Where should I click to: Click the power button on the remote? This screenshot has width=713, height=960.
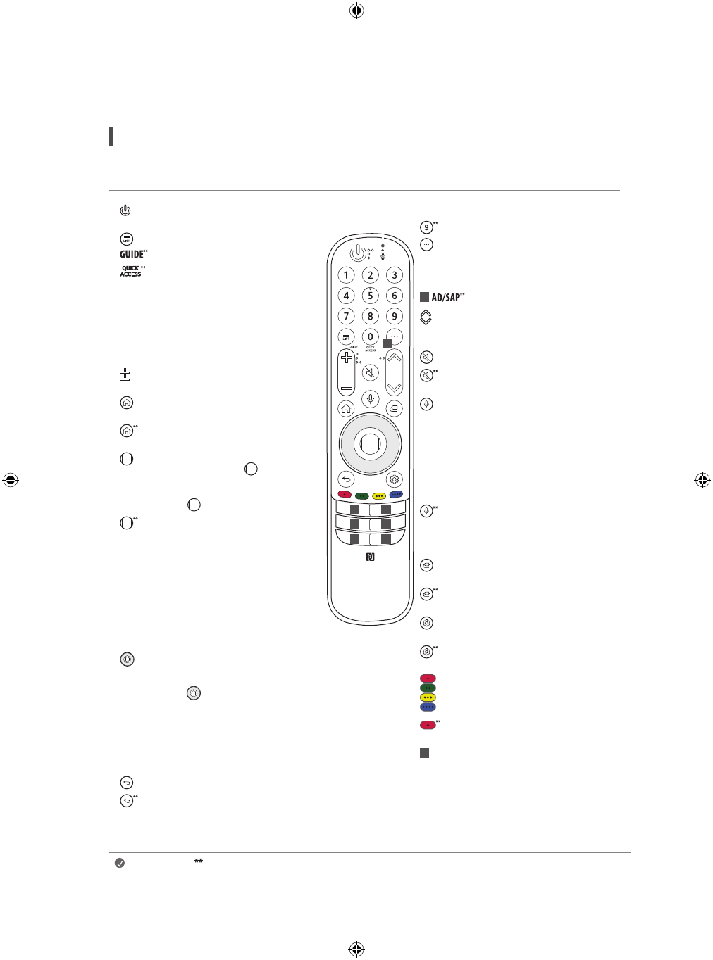358,253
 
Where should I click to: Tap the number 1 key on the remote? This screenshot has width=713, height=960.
346,275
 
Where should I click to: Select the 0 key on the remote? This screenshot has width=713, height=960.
370,336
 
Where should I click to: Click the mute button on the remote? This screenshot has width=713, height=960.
370,372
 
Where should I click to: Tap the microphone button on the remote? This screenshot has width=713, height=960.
370,398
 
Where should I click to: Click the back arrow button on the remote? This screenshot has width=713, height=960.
346,479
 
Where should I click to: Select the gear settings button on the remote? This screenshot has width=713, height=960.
394,479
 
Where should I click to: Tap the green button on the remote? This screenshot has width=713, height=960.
362,496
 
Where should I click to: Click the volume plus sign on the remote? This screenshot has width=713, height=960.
347,358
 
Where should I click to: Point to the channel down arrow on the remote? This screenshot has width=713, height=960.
394,388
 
